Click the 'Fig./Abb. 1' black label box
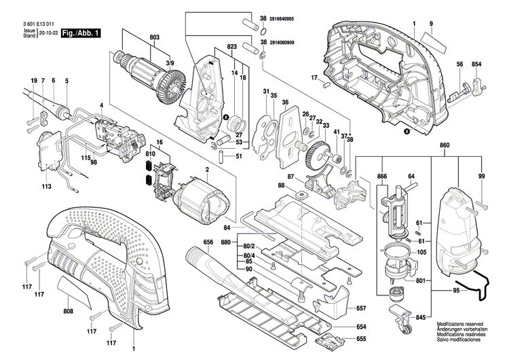pyautogui.click(x=81, y=33)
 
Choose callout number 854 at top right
pyautogui.click(x=476, y=65)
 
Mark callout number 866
pyautogui.click(x=382, y=176)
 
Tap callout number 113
pyautogui.click(x=47, y=185)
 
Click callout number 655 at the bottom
pyautogui.click(x=361, y=338)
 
